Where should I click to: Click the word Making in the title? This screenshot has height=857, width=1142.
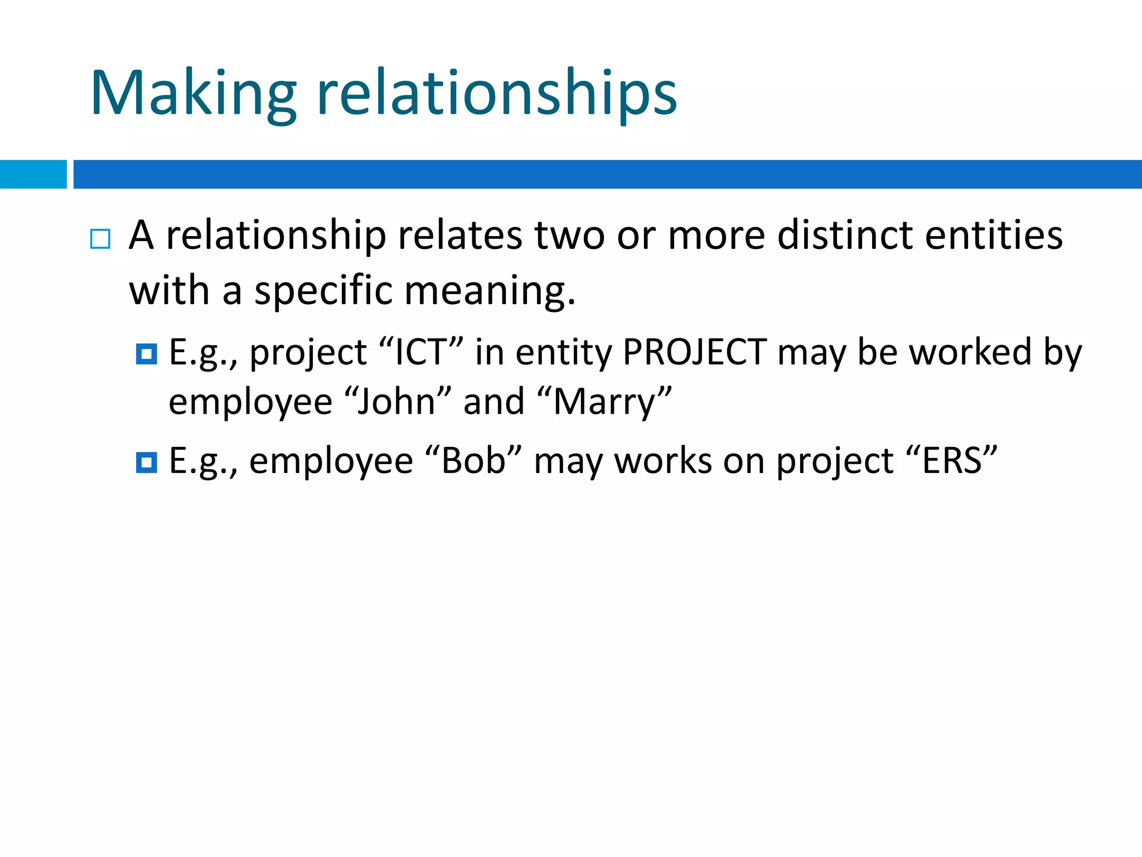(x=193, y=94)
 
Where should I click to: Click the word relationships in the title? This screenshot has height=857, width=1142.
(x=496, y=94)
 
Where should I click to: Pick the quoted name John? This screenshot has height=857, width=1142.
(x=396, y=401)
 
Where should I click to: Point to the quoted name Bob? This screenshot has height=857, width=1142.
(x=473, y=461)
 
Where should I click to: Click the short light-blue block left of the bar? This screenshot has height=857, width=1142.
(x=33, y=174)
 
